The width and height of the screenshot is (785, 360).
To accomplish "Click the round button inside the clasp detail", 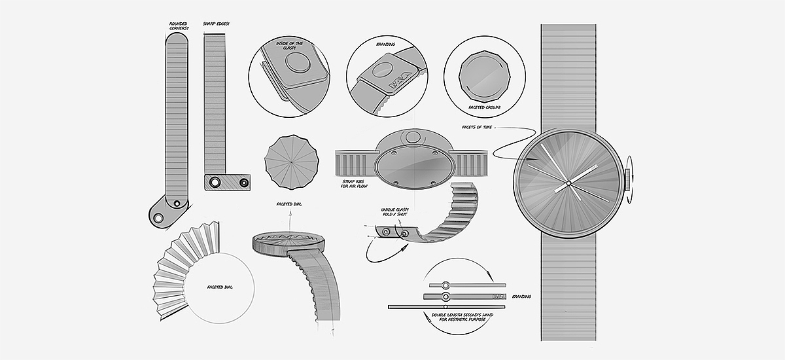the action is point(300,65).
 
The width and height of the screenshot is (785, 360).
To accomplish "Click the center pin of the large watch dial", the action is point(568,181).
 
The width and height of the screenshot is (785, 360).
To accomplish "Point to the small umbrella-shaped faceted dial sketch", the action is point(289,162).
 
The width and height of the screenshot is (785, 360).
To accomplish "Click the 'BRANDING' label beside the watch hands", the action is point(521,297).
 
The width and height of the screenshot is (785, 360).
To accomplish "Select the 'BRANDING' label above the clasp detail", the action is point(386,45).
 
